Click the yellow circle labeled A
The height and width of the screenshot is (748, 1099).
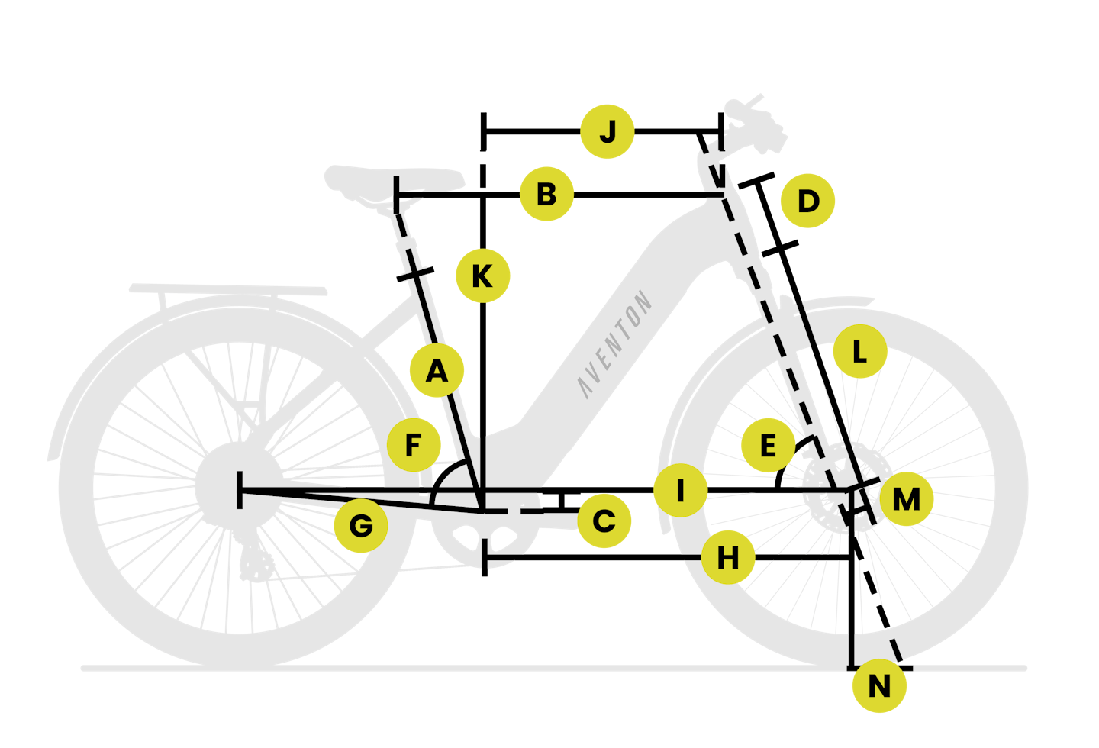point(437,370)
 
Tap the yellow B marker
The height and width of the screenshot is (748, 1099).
point(546,194)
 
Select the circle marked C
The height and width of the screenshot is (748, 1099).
point(604,521)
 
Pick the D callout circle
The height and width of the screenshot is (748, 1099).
point(807,201)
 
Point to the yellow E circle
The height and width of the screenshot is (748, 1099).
point(768,445)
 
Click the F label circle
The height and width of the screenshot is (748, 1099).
point(414,445)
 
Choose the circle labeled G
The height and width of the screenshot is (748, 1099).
point(361,526)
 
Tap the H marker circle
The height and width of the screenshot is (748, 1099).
point(728,557)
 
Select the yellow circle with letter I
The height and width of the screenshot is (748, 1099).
point(681,490)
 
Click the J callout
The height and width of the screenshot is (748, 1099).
point(608,131)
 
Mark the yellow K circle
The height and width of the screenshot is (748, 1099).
point(483,276)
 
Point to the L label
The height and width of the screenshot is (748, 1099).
point(860,351)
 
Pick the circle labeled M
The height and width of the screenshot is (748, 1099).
point(906,499)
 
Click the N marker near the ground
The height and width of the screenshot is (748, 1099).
point(879,685)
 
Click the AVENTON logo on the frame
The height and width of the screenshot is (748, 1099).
point(614,344)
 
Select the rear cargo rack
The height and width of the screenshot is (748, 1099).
point(228,290)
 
